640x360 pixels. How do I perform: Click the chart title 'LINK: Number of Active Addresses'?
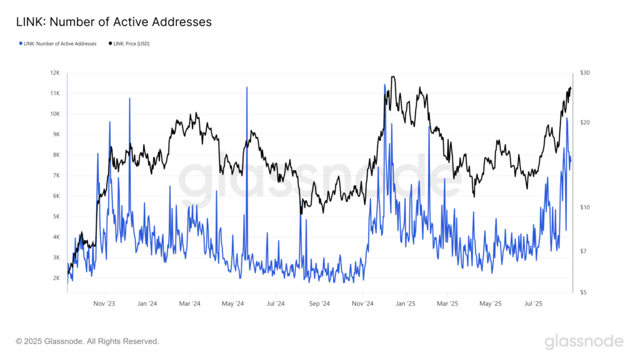(x=114, y=22)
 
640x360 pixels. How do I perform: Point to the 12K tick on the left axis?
(x=55, y=73)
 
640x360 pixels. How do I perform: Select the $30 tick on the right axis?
(x=585, y=73)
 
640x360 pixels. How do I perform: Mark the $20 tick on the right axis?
(x=585, y=122)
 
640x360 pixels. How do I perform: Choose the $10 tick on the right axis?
(x=585, y=207)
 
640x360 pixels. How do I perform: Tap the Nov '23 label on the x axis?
(x=104, y=304)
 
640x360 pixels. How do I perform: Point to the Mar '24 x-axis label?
(x=189, y=304)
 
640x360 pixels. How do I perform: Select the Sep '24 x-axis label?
(x=319, y=304)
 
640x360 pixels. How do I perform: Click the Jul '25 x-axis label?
(x=533, y=304)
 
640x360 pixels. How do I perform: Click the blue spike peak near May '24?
(x=247, y=87)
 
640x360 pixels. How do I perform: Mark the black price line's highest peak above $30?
(x=392, y=77)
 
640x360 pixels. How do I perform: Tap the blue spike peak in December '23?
(x=130, y=99)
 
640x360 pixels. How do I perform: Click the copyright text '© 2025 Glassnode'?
(x=87, y=341)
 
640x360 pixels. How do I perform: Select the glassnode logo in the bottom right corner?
(x=583, y=341)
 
